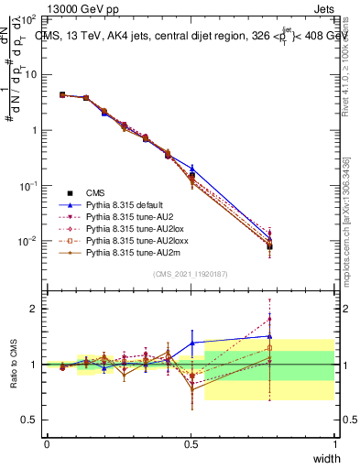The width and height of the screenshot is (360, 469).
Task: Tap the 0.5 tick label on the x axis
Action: [x=191, y=443]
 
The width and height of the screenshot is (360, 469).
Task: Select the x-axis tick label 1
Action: [x=335, y=443]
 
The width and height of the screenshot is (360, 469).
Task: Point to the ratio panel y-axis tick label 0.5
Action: [x=30, y=420]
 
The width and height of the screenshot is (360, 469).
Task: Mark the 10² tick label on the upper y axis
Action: [x=28, y=19]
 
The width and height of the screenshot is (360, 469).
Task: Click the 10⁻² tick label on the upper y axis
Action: [x=28, y=241]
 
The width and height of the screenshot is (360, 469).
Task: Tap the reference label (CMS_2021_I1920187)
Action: [x=191, y=274]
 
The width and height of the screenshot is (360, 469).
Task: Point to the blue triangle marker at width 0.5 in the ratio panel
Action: [x=191, y=343]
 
